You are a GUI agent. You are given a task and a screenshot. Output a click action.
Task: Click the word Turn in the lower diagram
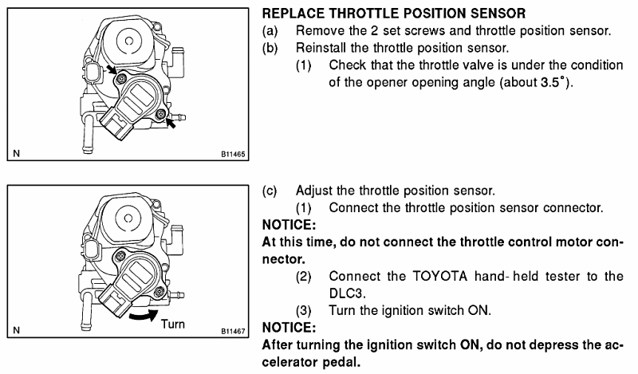[x=174, y=324]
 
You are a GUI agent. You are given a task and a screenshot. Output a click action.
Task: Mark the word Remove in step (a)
[x=319, y=31]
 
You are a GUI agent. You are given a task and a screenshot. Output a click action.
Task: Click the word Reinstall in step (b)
[x=322, y=48]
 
